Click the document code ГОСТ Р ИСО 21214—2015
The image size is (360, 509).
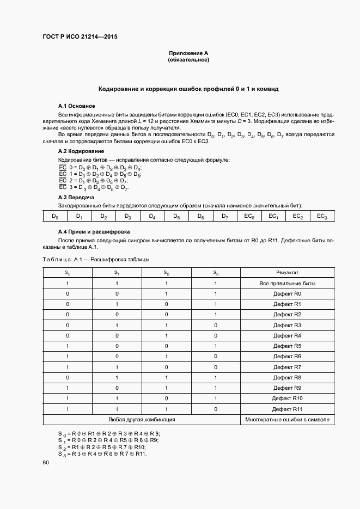[80, 37]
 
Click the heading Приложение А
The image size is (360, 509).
[188, 53]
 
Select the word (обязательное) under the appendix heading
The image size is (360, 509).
[188, 60]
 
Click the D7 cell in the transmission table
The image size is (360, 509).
[224, 217]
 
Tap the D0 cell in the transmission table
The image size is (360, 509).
[55, 217]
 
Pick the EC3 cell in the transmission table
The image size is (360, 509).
[322, 217]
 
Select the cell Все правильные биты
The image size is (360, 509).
[287, 284]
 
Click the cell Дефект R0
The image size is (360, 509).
[287, 294]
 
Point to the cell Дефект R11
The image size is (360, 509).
[287, 409]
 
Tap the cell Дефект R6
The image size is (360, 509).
[287, 357]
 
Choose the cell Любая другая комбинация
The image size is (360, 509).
[141, 420]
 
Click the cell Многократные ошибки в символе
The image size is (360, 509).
[287, 420]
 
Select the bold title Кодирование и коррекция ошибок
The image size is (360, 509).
[188, 88]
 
